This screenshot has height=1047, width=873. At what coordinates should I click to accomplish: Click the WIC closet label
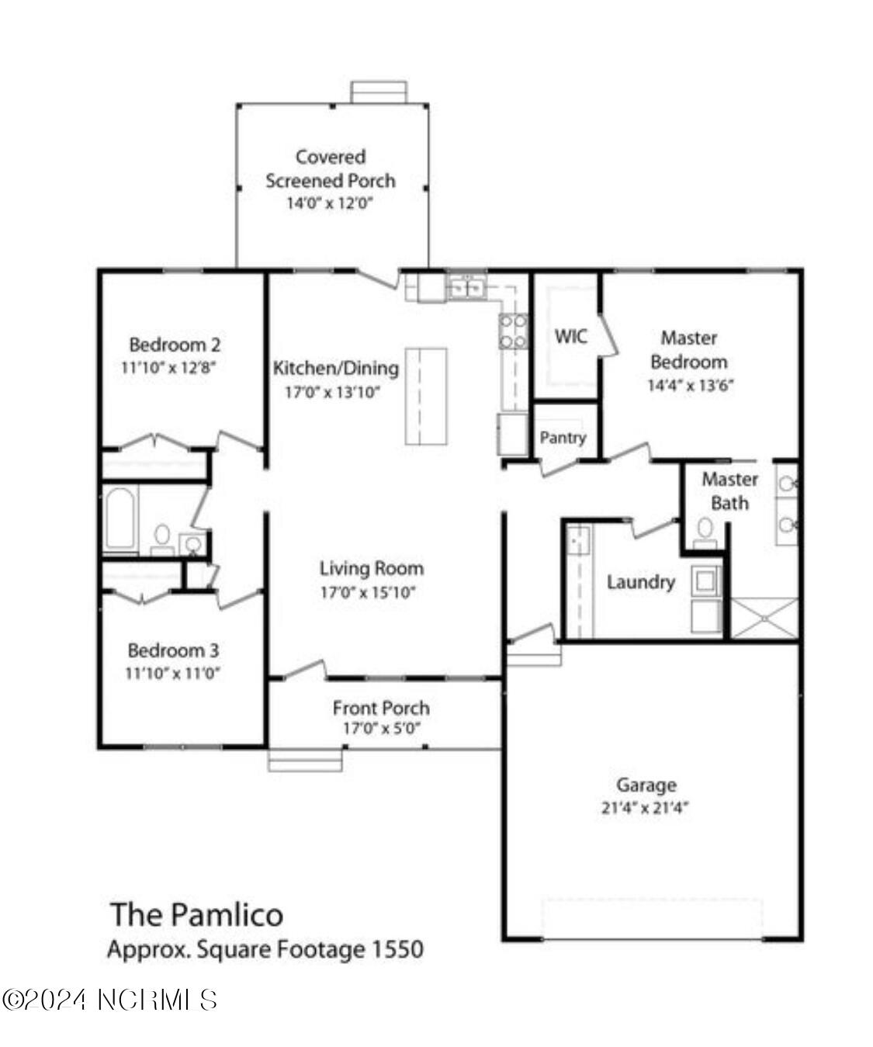[570, 336]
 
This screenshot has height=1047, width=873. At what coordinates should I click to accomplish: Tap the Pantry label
[563, 438]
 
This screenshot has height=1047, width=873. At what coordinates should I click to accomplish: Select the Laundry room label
[640, 582]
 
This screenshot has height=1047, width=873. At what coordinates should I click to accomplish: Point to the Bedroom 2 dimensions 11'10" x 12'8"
[168, 368]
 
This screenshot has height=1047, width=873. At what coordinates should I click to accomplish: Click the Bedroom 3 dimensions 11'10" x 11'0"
[172, 673]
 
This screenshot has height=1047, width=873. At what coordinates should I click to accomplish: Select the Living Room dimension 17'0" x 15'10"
[368, 593]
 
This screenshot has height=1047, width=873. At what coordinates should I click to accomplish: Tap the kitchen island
[426, 396]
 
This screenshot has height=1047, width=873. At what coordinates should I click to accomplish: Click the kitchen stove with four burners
[513, 331]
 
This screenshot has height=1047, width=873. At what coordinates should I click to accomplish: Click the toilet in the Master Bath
[705, 533]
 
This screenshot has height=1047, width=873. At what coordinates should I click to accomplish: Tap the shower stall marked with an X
[764, 619]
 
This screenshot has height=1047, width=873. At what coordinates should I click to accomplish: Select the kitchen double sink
[467, 288]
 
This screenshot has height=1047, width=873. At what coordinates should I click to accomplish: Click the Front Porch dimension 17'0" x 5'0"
[382, 728]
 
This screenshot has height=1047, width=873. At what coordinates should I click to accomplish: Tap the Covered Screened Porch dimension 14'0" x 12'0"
[330, 203]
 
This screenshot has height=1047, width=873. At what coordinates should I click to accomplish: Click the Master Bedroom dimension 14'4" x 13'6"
[691, 385]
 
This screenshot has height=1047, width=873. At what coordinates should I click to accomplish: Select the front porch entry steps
[305, 760]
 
